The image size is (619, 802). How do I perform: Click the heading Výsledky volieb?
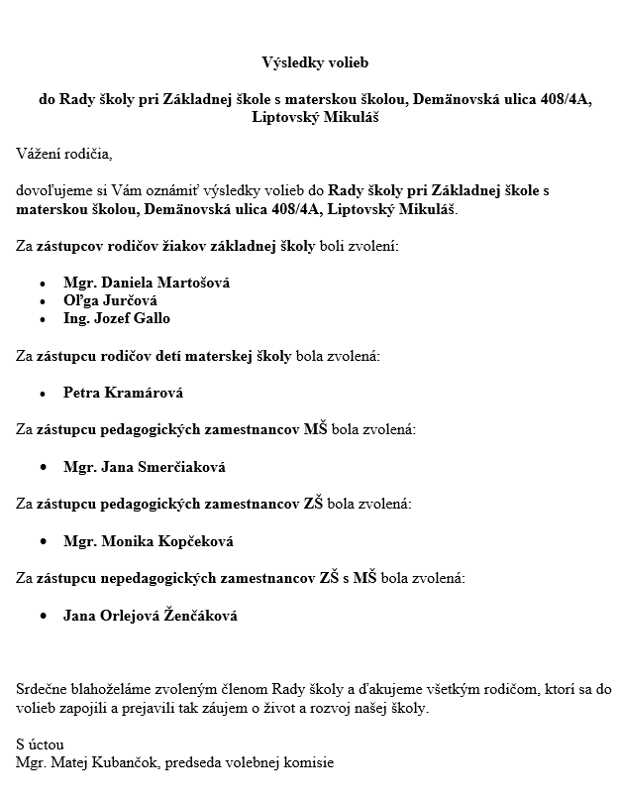pos(315,62)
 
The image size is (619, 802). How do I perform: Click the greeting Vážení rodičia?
pos(64,154)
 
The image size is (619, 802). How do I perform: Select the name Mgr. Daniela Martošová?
pos(147,283)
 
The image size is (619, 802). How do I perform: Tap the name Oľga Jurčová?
pos(110,300)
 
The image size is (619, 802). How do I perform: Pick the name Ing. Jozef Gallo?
pos(117,318)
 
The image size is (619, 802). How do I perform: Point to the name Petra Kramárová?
pos(124,393)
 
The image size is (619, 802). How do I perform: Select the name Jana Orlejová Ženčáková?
pos(151,616)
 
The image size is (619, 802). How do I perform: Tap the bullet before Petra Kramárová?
pos(43,394)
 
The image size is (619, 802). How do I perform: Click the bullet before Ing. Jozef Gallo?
pos(43,319)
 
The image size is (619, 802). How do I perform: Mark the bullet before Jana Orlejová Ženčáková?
pos(43,617)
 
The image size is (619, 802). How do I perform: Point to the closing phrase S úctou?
pos(40,743)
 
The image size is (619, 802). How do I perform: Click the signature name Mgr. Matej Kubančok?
pos(88,762)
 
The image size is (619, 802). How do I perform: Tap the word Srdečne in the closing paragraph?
pos(42,688)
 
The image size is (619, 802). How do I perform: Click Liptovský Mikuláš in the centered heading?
pos(315,117)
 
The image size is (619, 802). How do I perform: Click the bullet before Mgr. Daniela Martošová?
pos(43,284)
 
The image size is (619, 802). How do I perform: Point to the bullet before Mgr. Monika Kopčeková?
pos(43,542)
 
